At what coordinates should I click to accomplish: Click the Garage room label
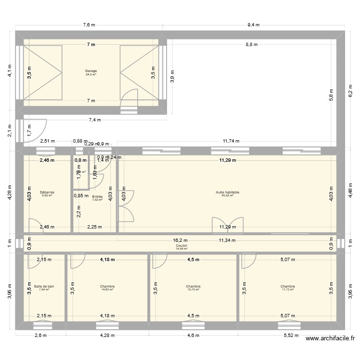[91, 71]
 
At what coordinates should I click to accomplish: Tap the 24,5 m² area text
[91, 74]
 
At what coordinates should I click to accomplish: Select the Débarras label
[48, 192]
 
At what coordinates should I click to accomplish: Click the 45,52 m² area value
[228, 195]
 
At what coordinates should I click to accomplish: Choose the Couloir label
[181, 245]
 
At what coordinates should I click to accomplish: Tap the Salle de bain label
[44, 286]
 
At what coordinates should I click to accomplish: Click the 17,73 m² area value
[288, 289]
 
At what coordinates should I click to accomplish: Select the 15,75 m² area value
[193, 289]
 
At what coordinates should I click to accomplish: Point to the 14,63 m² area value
[107, 289]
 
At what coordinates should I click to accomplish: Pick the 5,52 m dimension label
[291, 336]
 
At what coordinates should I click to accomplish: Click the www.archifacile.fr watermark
[332, 339]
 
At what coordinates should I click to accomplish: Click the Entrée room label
[97, 196]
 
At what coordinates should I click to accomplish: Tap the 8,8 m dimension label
[251, 45]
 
